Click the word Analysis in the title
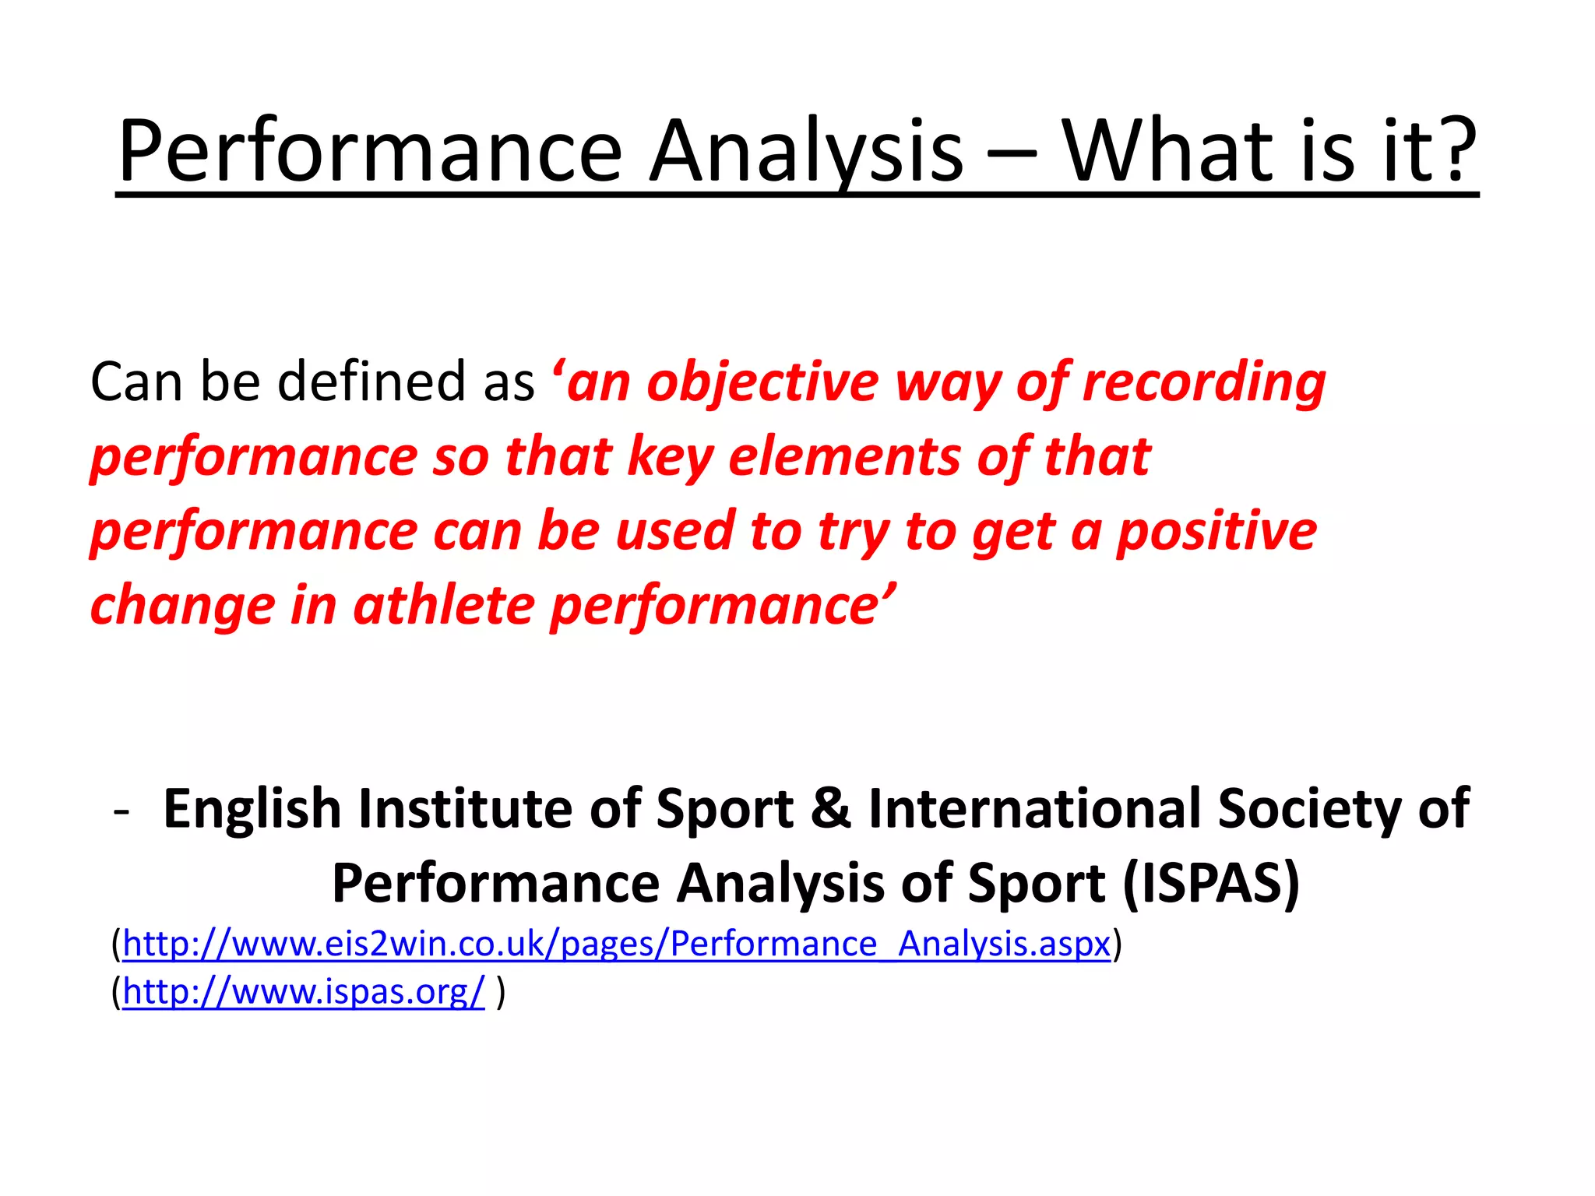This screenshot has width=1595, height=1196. tap(806, 152)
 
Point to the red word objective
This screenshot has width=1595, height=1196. tap(762, 383)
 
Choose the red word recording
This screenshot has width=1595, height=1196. tap(1204, 383)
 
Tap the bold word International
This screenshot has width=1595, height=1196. tap(1034, 808)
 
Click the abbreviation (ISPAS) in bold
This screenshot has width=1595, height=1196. tap(1211, 884)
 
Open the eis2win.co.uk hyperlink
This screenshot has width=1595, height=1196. tap(616, 944)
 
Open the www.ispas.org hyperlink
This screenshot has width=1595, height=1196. tap(304, 992)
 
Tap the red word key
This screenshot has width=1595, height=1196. tap(670, 458)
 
